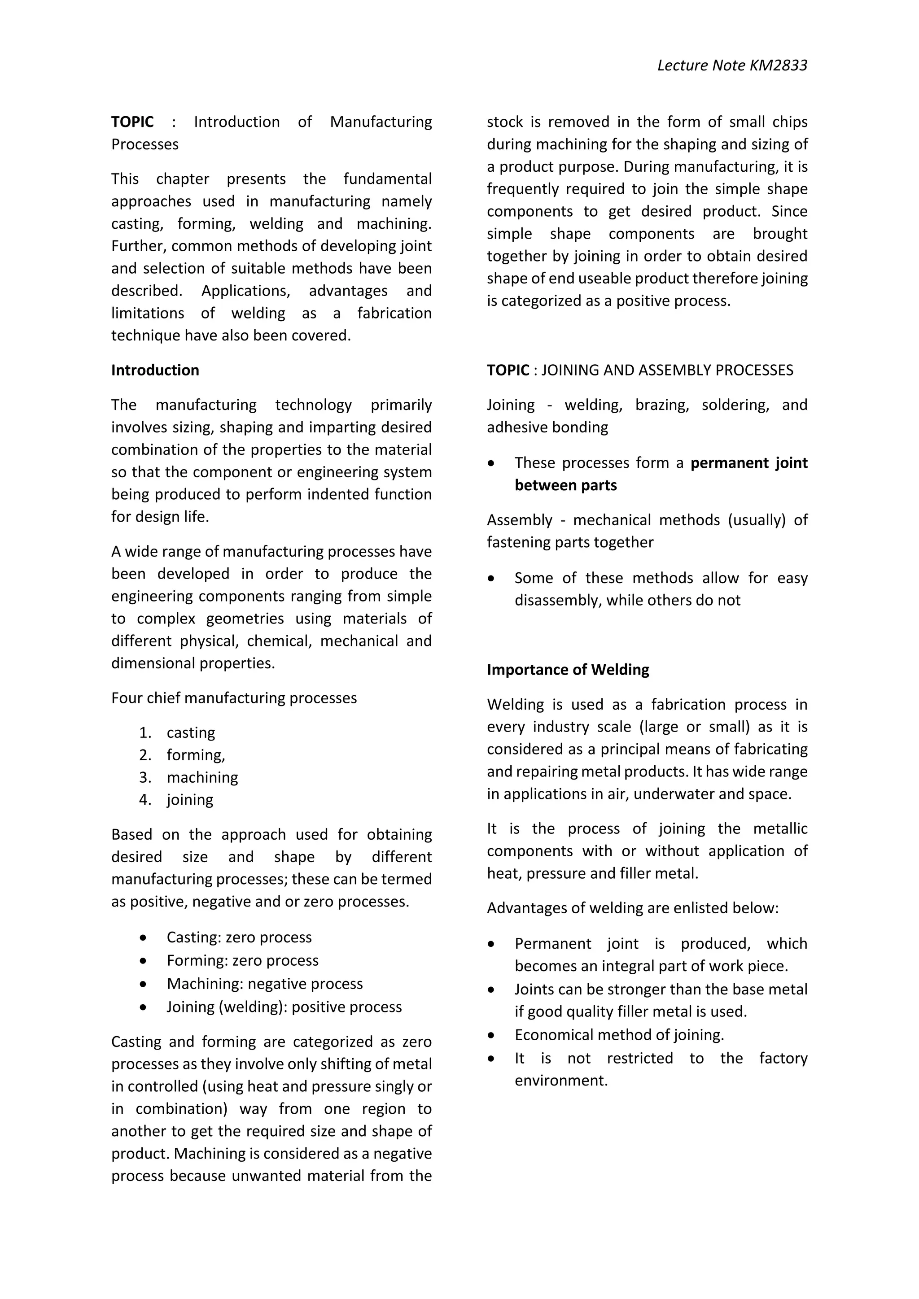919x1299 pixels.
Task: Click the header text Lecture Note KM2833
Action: (x=732, y=65)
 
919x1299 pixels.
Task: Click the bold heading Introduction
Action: (x=155, y=370)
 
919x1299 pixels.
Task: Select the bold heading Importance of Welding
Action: (x=568, y=669)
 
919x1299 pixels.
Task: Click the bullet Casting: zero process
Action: (x=239, y=937)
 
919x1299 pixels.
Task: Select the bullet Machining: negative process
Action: (x=264, y=983)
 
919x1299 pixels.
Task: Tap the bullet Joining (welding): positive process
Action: (x=284, y=1007)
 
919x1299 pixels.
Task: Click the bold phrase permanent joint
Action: (x=748, y=463)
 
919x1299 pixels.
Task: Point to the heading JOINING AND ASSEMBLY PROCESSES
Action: (x=667, y=370)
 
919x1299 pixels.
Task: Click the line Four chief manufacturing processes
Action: (x=234, y=697)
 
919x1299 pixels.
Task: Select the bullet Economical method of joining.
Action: (x=619, y=1035)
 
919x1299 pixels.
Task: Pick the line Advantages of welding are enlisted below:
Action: (x=633, y=907)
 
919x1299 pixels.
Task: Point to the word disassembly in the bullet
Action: (x=557, y=600)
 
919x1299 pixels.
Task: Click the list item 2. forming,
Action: (x=195, y=755)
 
